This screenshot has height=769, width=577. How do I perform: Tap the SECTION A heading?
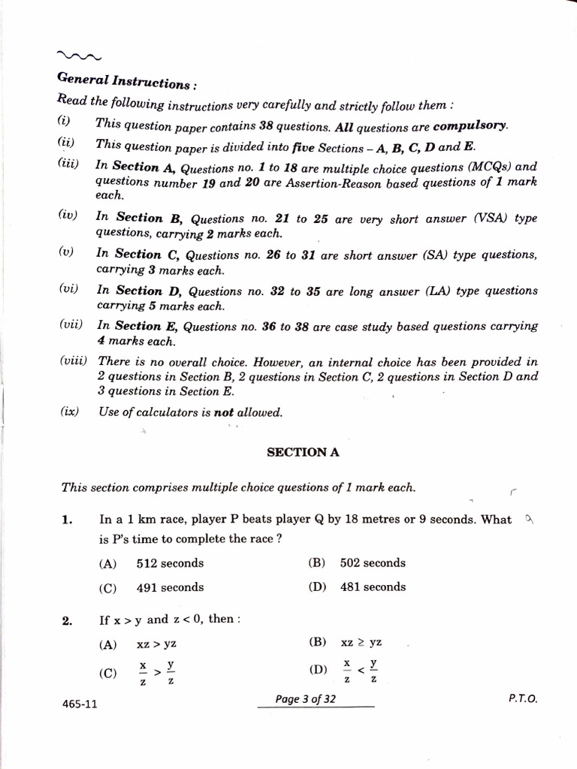pos(298,452)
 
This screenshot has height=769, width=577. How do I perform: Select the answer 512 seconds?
pos(170,563)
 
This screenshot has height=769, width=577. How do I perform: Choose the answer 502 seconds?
pos(373,562)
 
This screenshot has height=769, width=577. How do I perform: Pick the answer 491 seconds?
pos(170,587)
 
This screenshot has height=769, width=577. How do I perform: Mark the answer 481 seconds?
pos(373,587)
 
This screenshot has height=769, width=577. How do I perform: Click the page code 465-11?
pos(80,704)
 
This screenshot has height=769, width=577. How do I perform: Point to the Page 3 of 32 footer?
pos(306,699)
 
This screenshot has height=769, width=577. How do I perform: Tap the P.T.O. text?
pos(523,698)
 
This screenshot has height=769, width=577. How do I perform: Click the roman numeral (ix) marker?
pos(69,412)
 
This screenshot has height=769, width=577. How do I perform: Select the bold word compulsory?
pos(470,125)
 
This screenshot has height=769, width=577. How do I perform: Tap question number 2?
pos(67,620)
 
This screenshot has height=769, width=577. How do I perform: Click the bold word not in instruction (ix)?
pos(224,412)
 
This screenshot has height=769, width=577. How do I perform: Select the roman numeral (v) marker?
pos(66,252)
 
